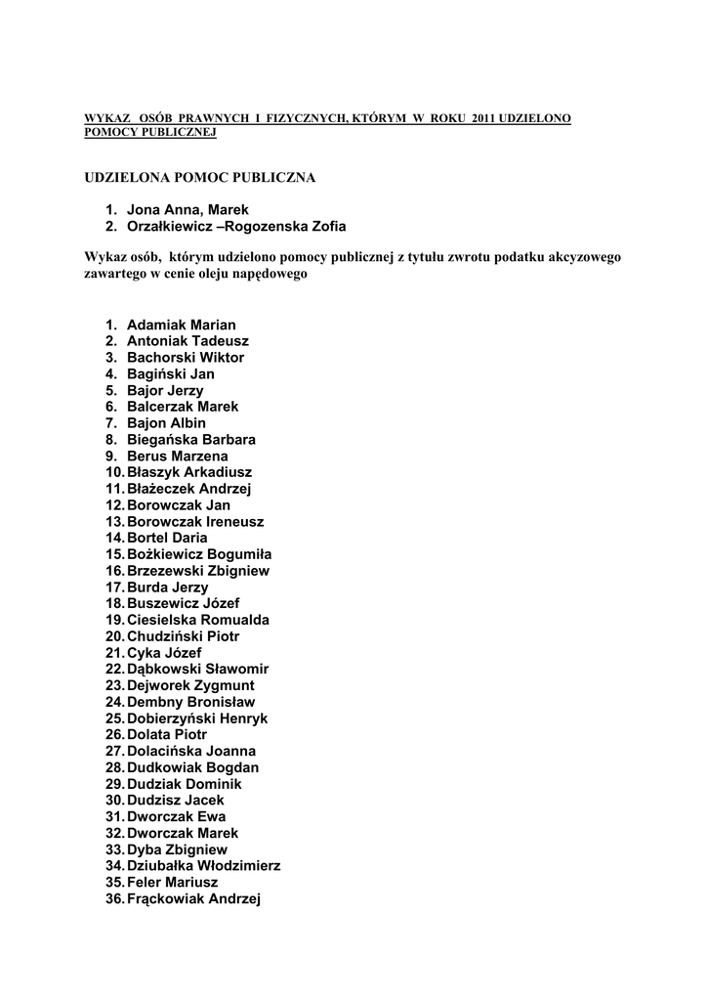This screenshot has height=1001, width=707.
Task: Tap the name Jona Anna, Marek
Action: [x=187, y=210]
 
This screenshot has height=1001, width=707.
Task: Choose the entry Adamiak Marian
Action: [x=182, y=325]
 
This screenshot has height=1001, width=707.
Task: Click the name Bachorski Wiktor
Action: [x=186, y=358]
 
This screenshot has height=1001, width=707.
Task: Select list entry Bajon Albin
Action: [x=166, y=423]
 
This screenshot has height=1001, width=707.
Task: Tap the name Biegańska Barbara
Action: [x=191, y=440]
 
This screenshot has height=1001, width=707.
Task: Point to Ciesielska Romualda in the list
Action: [x=198, y=620]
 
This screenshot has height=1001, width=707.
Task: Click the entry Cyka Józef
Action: [x=164, y=653]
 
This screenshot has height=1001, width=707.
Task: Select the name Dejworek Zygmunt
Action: [x=190, y=685]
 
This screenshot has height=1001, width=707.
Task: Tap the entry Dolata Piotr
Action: [x=167, y=735]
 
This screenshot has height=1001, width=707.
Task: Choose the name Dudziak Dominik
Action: [x=185, y=784]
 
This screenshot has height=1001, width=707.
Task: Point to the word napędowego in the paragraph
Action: [x=268, y=275]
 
